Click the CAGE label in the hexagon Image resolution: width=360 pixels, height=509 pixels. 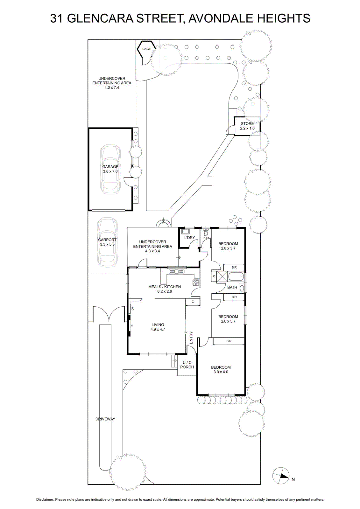click(146, 49)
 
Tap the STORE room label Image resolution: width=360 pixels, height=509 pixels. click(247, 124)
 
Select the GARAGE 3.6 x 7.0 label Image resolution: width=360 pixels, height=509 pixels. click(110, 169)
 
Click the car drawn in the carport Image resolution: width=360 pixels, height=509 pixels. click(107, 242)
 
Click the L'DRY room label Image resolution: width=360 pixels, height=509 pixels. click(189, 238)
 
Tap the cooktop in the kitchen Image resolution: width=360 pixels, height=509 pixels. click(196, 282)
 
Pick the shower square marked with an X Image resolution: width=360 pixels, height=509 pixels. click(222, 276)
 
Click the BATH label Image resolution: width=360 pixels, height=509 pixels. click(232, 287)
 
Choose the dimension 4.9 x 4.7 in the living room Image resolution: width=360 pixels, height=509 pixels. click(158, 330)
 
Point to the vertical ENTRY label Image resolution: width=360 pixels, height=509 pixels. click(191, 338)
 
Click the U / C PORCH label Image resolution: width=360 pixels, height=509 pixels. click(187, 365)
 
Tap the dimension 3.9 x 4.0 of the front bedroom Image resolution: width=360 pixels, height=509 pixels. click(221, 372)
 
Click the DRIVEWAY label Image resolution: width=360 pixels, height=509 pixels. click(105, 419)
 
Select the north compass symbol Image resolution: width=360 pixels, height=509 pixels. click(281, 476)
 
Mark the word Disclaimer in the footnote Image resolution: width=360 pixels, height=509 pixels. click(45, 499)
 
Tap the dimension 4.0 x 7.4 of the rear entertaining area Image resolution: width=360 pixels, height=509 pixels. click(112, 87)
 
